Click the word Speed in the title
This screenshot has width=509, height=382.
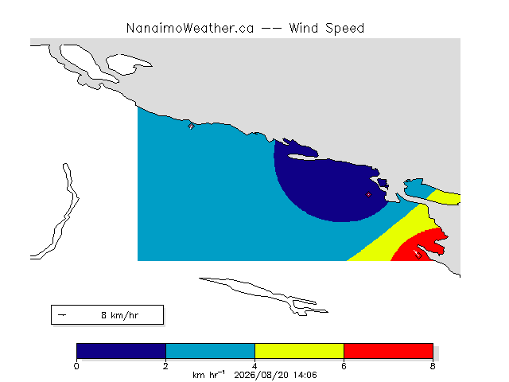[x=345, y=29]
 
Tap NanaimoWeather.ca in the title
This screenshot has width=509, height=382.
[x=190, y=29]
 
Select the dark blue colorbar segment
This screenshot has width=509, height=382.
[x=122, y=351]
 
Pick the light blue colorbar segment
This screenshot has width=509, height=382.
[x=210, y=351]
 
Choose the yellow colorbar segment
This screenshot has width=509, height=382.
[x=299, y=351]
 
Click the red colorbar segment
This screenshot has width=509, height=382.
[x=388, y=351]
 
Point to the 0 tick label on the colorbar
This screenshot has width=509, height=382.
[x=76, y=366]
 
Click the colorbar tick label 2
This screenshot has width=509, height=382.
[x=165, y=366]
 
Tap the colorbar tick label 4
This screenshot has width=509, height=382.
[x=254, y=366]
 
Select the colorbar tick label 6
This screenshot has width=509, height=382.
[x=344, y=366]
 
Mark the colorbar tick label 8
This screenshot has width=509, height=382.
[x=433, y=366]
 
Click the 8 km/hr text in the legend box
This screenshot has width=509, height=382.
[x=120, y=315]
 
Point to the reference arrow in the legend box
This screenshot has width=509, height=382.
[x=62, y=315]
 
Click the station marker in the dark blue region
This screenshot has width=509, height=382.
[x=368, y=194]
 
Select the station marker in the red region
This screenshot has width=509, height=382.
[x=418, y=255]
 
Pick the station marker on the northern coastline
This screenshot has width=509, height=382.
[x=191, y=127]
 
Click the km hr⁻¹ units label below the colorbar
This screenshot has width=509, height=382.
[x=208, y=375]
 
